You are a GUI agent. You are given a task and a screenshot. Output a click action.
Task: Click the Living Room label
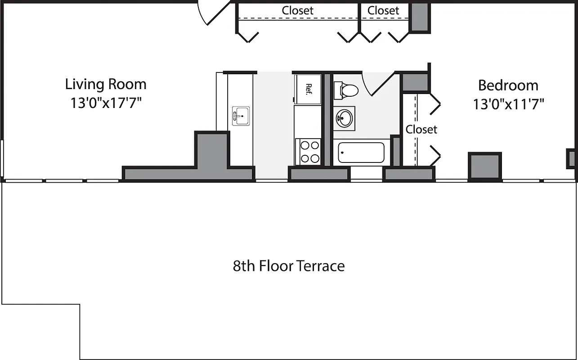click(106, 84)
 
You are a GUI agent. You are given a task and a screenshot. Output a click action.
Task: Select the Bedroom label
click(508, 85)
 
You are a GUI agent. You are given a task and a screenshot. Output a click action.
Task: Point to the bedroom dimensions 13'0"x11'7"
click(508, 104)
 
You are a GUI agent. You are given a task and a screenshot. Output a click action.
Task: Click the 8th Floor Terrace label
click(289, 266)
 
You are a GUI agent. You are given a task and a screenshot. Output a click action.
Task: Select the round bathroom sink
click(344, 118)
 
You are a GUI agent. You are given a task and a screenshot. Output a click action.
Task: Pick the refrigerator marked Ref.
click(308, 89)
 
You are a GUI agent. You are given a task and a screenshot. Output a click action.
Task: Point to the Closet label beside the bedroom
click(421, 130)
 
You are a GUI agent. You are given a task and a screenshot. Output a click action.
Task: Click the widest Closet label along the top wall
click(297, 10)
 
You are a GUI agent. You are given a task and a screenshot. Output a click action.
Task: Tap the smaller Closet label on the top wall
click(383, 10)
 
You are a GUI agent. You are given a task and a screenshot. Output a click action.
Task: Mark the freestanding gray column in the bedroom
click(484, 166)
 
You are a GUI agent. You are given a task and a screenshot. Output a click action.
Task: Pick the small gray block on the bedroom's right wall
click(571, 159)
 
